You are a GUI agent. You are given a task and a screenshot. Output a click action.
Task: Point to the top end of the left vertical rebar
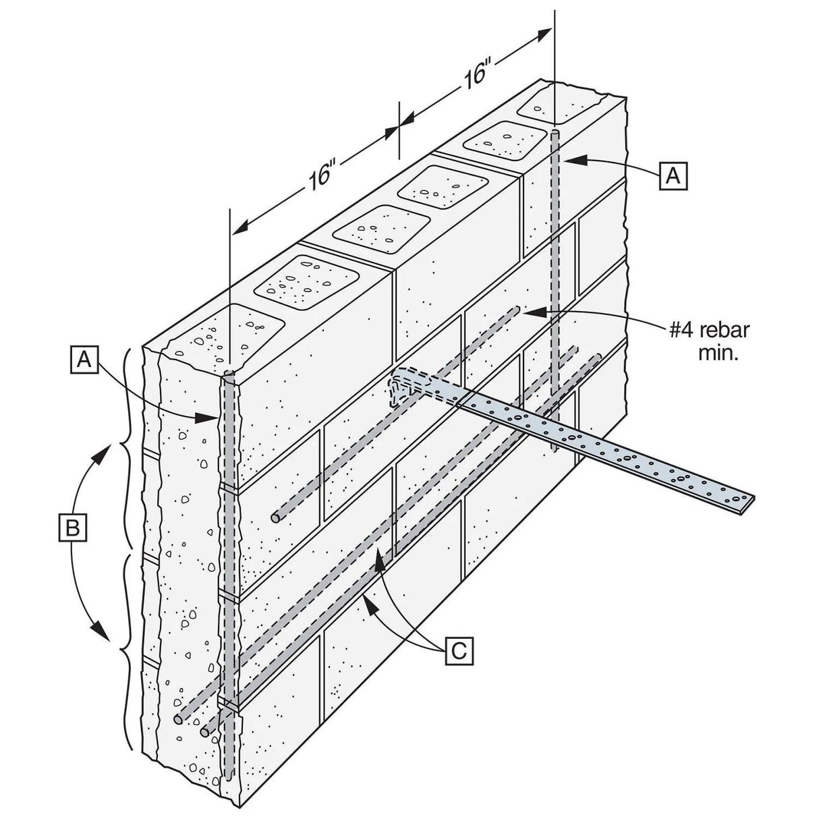(228, 374)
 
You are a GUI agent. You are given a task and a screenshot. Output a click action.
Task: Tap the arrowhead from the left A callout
(209, 418)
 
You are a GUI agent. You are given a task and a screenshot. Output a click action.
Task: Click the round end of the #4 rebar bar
(276, 518)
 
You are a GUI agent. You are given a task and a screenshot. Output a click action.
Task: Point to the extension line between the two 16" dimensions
(399, 128)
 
